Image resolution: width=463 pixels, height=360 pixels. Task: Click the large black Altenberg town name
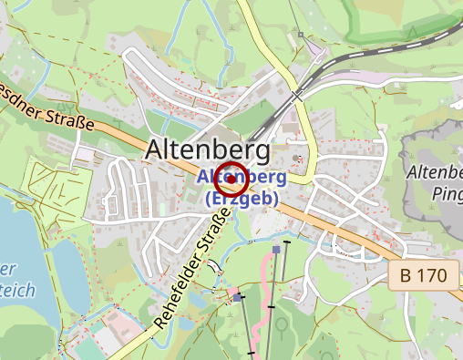coord(209,149)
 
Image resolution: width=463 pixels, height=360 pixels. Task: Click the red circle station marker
coord(232,180)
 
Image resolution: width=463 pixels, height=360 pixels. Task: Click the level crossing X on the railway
coord(297,93)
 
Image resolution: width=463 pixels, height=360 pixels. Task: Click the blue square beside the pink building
coord(237,297)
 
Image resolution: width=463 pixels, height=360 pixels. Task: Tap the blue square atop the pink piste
coord(276,248)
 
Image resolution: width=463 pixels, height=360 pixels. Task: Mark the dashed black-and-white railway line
coord(383,50)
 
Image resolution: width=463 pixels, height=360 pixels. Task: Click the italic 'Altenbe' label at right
coord(436,172)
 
